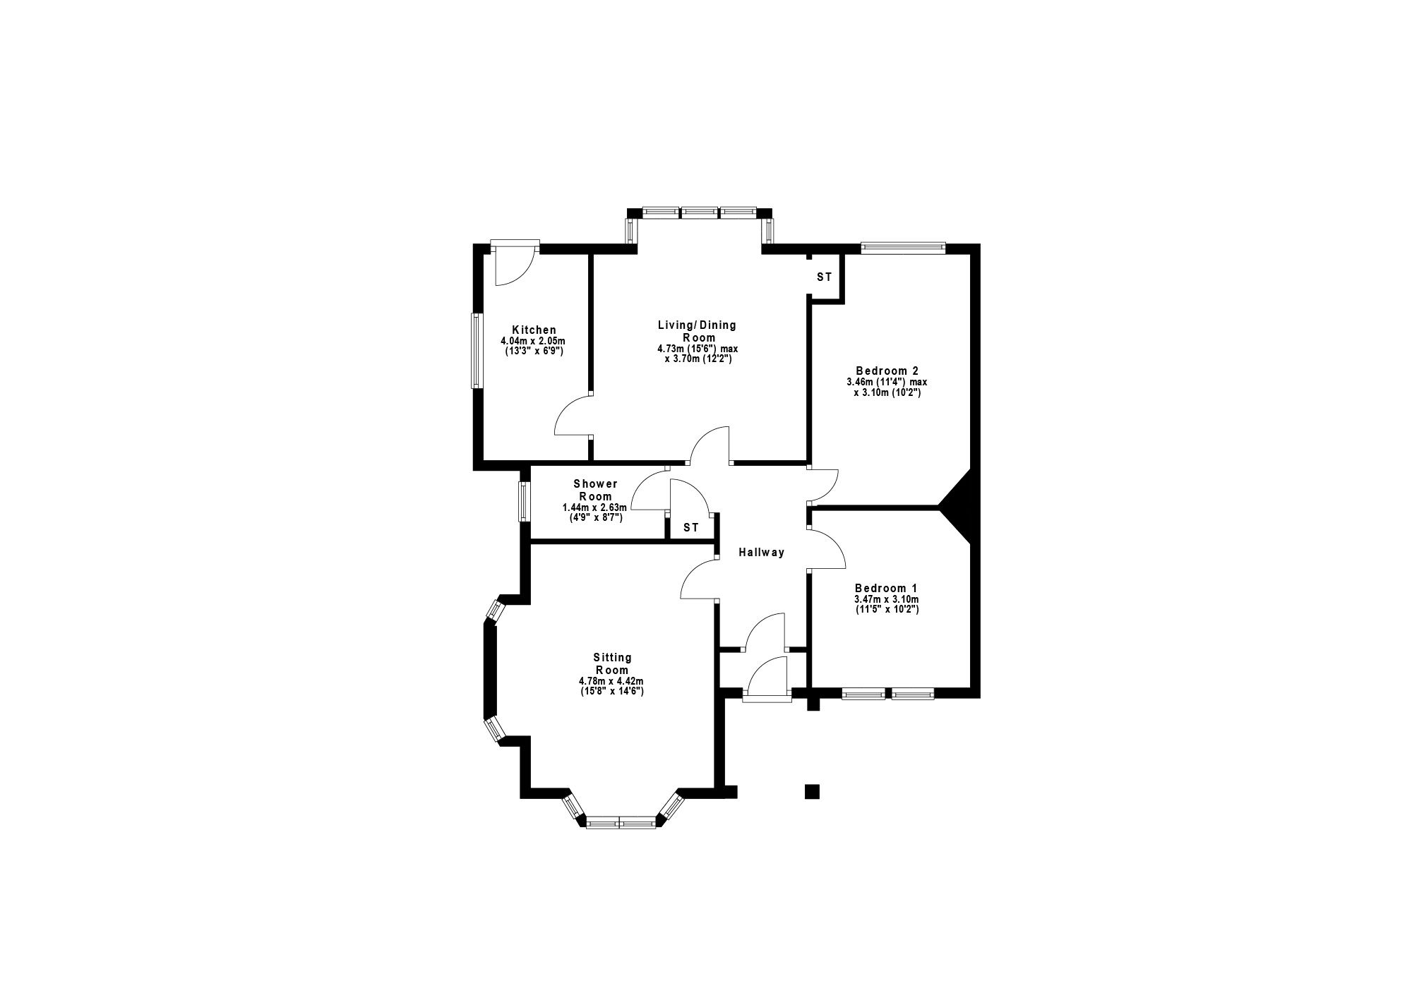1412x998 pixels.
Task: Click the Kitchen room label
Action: [534, 330]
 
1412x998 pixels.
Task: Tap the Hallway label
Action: [762, 553]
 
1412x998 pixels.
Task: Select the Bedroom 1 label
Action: [886, 588]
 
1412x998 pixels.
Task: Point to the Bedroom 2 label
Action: [887, 371]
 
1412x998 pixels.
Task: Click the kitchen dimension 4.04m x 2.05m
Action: [534, 340]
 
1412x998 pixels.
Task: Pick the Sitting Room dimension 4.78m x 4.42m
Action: [612, 681]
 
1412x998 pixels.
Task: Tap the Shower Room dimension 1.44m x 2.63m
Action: [594, 507]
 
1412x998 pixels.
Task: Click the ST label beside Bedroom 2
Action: [825, 277]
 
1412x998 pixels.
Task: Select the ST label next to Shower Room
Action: [690, 527]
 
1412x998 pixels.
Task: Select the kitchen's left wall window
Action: [477, 351]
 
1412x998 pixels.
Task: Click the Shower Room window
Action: [524, 501]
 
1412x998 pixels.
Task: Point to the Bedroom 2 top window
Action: [903, 248]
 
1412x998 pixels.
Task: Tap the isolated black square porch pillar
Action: [812, 791]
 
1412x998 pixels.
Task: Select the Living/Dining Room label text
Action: [697, 331]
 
